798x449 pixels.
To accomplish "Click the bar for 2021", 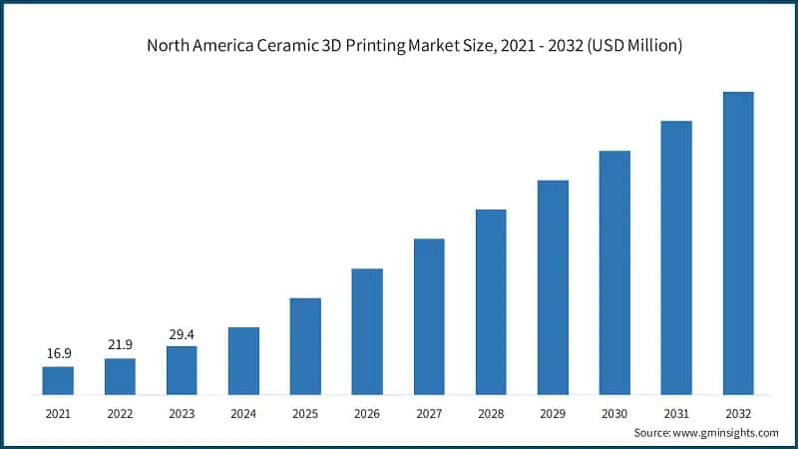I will point(58,380).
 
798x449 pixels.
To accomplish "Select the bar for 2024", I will point(243,360).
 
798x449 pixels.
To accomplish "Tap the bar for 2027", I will point(429,316).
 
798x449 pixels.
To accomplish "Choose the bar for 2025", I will point(305,346).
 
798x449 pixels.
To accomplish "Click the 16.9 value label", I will point(58,353).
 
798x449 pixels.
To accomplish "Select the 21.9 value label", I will point(120,344).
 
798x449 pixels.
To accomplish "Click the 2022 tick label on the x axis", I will point(120,412).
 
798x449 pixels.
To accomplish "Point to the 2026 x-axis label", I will point(367,412).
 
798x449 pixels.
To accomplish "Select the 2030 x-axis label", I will point(614,412).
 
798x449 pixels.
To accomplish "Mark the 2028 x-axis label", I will point(491,412).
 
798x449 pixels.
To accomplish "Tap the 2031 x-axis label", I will point(676,412).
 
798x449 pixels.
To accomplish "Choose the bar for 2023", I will point(182,370).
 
